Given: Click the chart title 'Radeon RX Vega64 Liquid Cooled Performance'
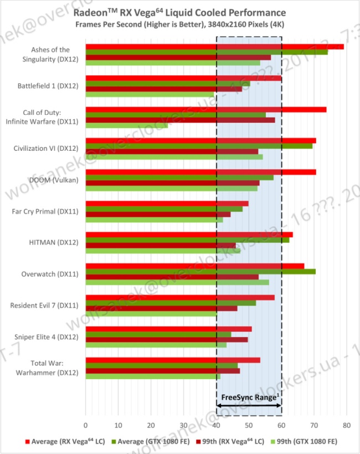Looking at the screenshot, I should point(180,12).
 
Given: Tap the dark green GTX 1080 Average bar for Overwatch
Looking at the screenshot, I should point(200,272).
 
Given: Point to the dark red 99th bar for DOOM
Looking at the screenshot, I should point(172,183).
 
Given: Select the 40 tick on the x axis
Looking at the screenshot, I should point(216,425).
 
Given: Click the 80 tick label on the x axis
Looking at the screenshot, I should point(347,425).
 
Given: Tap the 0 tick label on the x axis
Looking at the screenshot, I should point(85,425).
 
